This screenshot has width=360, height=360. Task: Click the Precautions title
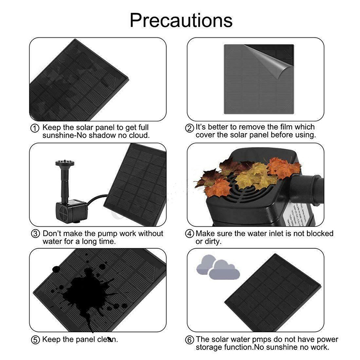point(181,20)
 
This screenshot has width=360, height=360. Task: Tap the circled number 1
point(35,128)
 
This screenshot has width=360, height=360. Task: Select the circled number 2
point(189,128)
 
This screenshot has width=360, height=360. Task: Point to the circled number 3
point(35,234)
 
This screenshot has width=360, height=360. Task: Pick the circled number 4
point(189,234)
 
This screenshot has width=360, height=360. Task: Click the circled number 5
point(35,340)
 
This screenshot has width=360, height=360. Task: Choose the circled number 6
point(189,340)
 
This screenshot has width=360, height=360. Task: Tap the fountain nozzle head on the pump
point(65,163)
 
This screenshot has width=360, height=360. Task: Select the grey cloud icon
point(218,267)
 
